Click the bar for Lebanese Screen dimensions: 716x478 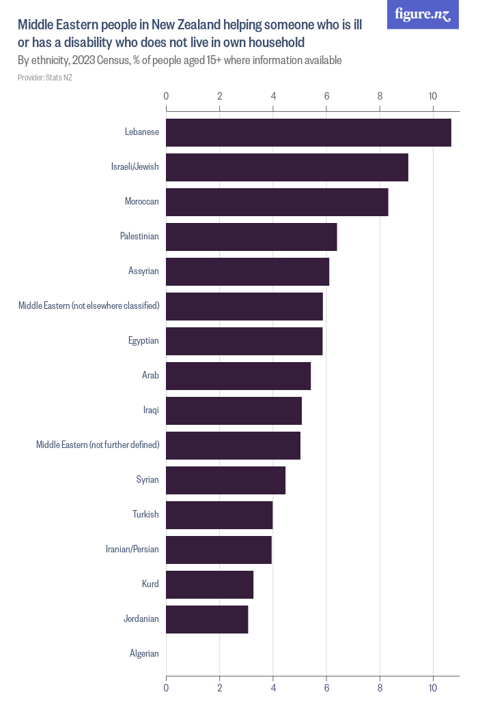click(308, 132)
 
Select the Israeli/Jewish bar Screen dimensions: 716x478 click(287, 167)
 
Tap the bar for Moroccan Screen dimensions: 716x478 click(277, 202)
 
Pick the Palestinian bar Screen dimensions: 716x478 click(251, 237)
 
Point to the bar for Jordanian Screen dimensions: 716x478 click(207, 619)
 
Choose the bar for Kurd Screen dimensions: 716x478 click(210, 584)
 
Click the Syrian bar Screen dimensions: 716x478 click(225, 480)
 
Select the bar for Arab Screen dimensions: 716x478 click(238, 376)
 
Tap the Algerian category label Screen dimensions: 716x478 click(144, 654)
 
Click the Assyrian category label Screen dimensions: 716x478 click(143, 271)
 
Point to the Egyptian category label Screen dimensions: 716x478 click(143, 341)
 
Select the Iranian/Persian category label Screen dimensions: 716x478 click(132, 550)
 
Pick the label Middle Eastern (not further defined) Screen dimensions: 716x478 click(98, 445)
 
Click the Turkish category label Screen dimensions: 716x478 click(145, 515)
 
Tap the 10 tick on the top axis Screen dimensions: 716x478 click(433, 96)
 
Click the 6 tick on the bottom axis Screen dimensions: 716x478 click(326, 689)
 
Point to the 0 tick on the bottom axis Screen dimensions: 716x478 click(166, 689)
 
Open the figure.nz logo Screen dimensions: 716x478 click(423, 14)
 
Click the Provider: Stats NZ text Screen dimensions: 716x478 click(45, 78)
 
